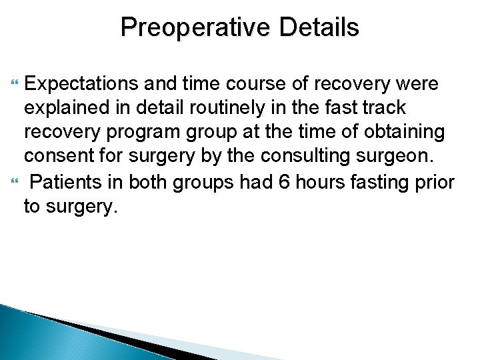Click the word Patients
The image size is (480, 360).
click(x=69, y=181)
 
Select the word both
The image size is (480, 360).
click(x=148, y=181)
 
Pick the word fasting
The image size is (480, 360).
click(x=384, y=181)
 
